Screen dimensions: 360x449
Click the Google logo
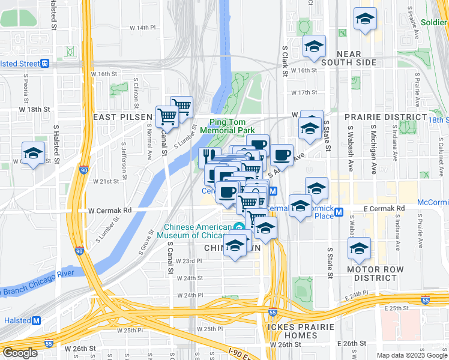pos(19,353)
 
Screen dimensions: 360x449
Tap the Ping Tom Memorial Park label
pos(227,126)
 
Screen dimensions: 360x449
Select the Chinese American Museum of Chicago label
pos(198,231)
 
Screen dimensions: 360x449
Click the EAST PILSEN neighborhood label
pos(119,117)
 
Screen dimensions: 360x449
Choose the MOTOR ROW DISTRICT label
pos(376,274)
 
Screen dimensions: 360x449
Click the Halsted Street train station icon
pos(44,64)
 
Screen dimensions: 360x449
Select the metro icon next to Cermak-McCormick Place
pos(339,212)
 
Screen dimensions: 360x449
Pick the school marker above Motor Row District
pos(359,248)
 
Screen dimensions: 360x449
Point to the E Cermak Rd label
pos(383,208)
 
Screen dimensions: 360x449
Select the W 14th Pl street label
pos(142,28)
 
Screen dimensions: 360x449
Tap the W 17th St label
pos(303,92)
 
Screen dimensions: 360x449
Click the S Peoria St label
pos(26,86)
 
